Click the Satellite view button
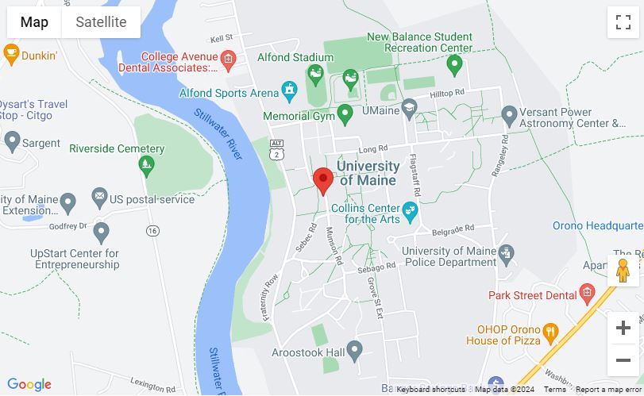(x=101, y=22)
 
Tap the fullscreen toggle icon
(x=623, y=22)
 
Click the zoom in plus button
(x=623, y=328)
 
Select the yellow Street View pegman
(x=623, y=270)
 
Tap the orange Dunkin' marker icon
(x=11, y=55)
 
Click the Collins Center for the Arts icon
(x=410, y=211)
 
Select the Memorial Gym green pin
(x=345, y=115)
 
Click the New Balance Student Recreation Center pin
(x=454, y=65)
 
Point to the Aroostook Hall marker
(x=354, y=349)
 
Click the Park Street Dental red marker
(x=587, y=294)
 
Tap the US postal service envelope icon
(x=99, y=197)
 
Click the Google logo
(x=29, y=385)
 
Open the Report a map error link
(x=608, y=390)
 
